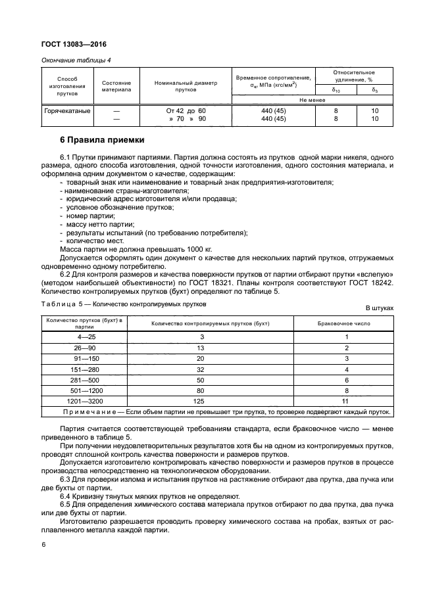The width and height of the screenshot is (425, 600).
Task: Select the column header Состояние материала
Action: coord(116,87)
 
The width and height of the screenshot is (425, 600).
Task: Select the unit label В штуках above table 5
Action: coord(379,307)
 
